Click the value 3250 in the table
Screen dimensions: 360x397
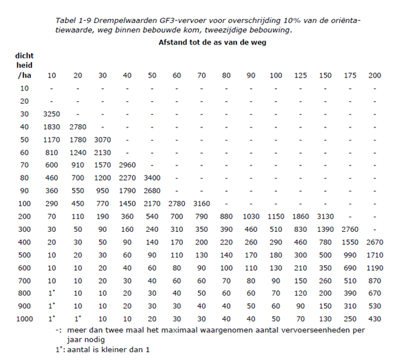tap(53, 114)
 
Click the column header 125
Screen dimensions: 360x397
tap(301, 76)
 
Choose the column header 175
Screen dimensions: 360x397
tap(350, 76)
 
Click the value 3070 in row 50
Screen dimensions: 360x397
tap(102, 139)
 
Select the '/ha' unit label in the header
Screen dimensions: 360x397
tap(24, 76)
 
